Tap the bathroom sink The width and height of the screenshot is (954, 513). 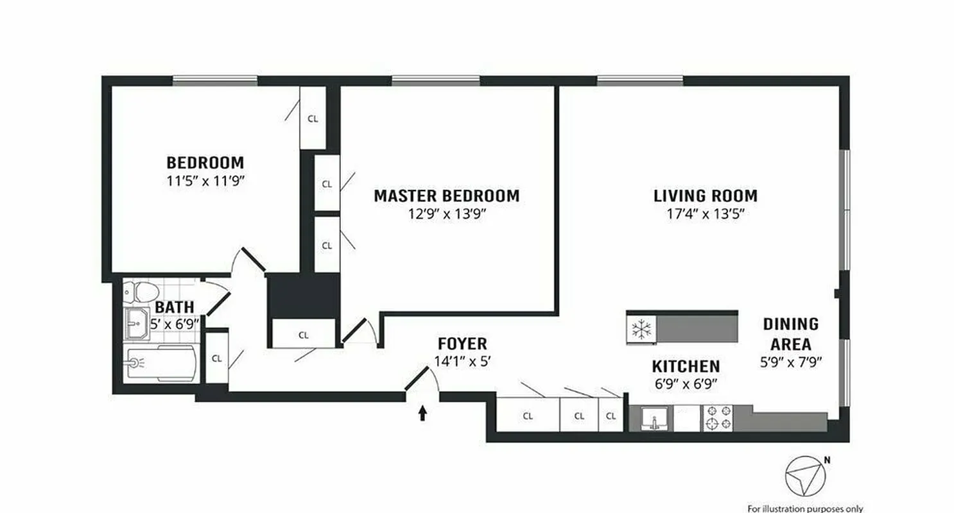point(136,326)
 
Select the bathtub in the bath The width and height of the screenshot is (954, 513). point(160,364)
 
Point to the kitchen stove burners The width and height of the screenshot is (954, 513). point(718,418)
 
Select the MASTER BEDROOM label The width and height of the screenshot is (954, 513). point(446,196)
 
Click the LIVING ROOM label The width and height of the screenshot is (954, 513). point(705,196)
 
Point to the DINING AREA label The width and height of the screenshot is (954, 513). point(790,333)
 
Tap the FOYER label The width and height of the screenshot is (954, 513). point(462,344)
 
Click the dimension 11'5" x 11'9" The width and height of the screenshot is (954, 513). point(205,181)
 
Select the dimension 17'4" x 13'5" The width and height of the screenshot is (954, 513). point(705,214)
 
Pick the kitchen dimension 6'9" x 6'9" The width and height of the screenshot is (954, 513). point(685,384)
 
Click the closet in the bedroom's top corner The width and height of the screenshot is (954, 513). point(313,118)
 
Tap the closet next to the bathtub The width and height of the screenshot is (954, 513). point(217,358)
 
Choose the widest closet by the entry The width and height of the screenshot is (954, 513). point(528,415)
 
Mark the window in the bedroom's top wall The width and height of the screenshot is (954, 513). point(215,80)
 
